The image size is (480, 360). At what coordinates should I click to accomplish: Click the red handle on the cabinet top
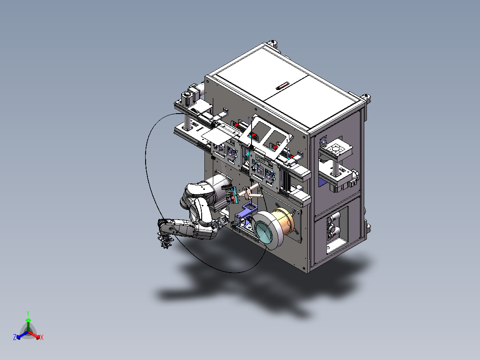tap(283, 86)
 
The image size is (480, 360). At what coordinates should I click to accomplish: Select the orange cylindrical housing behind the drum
tap(284, 221)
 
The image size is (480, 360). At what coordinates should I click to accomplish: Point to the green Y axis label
tap(28, 314)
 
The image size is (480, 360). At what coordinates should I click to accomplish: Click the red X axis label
tap(42, 337)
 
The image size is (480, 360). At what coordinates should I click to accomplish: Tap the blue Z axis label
tap(15, 337)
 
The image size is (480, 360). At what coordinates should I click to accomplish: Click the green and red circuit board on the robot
tap(232, 195)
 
